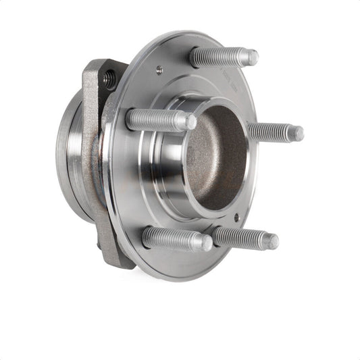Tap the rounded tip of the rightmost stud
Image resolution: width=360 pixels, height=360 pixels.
(x=297, y=134)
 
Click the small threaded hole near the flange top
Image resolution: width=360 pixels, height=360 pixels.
(x=159, y=68)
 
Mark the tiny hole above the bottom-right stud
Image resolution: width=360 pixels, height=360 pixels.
(x=236, y=217)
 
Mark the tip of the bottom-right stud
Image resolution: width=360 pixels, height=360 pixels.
(x=272, y=241)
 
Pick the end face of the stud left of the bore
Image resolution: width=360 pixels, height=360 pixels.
(x=190, y=122)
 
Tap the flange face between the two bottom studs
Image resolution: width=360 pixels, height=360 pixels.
(x=209, y=260)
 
